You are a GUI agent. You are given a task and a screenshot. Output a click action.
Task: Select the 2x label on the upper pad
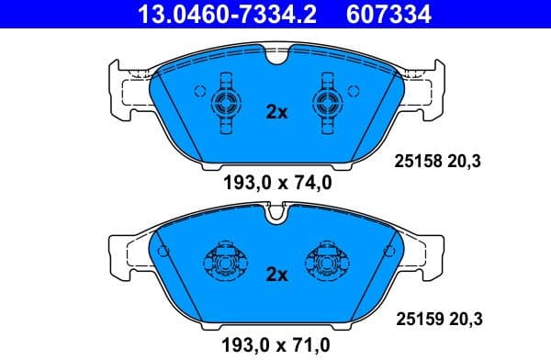point(276,112)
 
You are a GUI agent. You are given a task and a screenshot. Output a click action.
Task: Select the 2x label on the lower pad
point(276,275)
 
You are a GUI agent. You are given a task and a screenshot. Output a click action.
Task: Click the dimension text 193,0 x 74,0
point(276,184)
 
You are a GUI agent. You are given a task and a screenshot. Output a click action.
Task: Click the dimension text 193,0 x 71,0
point(276,344)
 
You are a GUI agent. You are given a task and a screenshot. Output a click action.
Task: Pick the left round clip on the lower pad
point(224,263)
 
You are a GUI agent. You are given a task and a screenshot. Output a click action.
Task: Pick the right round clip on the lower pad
point(328,263)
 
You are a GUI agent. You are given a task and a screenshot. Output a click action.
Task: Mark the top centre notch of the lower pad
point(276,218)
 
